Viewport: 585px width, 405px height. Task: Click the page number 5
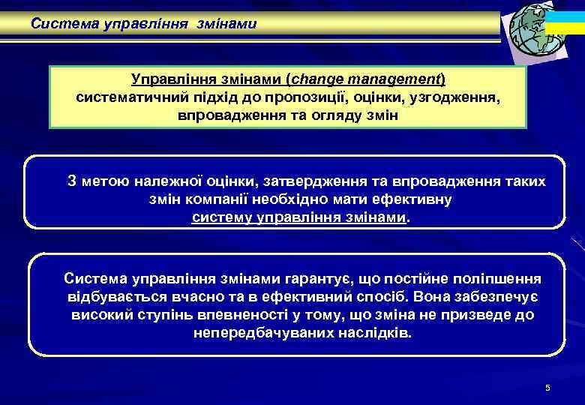[547, 388]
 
